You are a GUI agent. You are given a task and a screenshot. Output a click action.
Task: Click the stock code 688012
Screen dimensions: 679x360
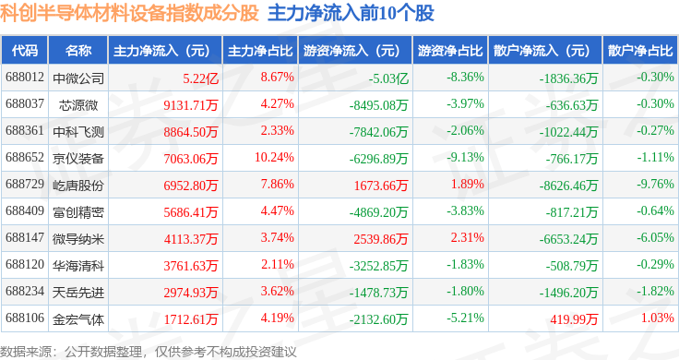[25, 78]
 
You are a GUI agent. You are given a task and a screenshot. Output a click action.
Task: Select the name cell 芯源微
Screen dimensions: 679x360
[78, 105]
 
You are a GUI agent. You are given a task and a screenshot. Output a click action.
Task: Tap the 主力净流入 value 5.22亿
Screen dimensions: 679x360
[200, 78]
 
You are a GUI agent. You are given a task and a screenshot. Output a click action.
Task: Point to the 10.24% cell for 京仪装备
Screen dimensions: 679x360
[274, 157]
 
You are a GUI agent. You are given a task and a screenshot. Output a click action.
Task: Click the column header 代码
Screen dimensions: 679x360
[25, 51]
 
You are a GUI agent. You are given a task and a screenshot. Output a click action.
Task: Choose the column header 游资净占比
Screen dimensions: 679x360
[450, 51]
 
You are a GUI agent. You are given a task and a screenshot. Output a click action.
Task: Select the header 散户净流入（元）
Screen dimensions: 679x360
[544, 51]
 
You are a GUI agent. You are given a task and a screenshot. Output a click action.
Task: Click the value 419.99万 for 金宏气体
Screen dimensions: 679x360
[574, 319]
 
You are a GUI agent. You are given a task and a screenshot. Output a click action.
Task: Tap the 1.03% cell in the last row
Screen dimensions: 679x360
[658, 318]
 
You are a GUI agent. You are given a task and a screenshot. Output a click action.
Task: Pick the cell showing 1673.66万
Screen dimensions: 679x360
[381, 186]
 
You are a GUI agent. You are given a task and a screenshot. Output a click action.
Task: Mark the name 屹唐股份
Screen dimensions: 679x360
[78, 186]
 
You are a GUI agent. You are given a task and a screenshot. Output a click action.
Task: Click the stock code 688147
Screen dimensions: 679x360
[25, 238]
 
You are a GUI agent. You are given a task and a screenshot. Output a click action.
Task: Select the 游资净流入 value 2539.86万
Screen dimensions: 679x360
[381, 239]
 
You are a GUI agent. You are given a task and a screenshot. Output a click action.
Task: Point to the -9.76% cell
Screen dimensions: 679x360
[655, 184]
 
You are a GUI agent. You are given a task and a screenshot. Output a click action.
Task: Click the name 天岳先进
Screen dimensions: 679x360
[78, 293]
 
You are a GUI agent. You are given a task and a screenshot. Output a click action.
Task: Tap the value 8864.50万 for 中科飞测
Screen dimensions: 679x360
[191, 132]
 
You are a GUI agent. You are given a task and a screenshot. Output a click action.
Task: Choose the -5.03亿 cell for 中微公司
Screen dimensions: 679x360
[389, 78]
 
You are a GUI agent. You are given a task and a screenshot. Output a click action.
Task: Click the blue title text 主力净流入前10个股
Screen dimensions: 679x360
[351, 13]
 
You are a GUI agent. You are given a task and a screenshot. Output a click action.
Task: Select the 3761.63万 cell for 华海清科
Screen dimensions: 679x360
[191, 266]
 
